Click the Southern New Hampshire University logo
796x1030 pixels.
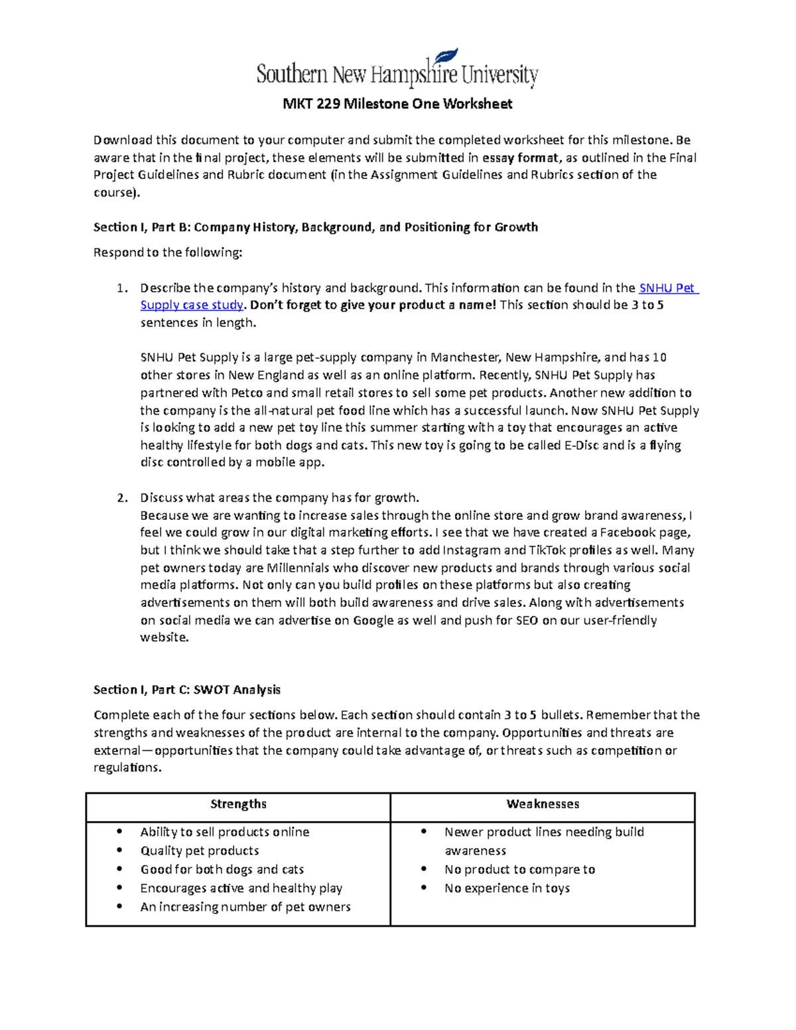[397, 70]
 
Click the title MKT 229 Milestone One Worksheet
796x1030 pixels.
[397, 104]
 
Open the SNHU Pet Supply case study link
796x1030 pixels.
[668, 288]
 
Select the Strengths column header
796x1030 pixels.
[238, 804]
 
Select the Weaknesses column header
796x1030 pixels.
[543, 804]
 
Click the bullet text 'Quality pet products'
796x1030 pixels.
[200, 850]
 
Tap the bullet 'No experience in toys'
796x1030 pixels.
[507, 888]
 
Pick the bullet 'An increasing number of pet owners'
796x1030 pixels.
[245, 907]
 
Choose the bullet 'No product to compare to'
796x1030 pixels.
[519, 869]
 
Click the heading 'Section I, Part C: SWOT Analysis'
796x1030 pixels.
[187, 690]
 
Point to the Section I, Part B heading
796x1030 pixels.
[315, 227]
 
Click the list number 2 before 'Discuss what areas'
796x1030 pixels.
[121, 498]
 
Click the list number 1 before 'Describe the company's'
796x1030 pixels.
[121, 289]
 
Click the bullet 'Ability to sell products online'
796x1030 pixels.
[225, 832]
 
